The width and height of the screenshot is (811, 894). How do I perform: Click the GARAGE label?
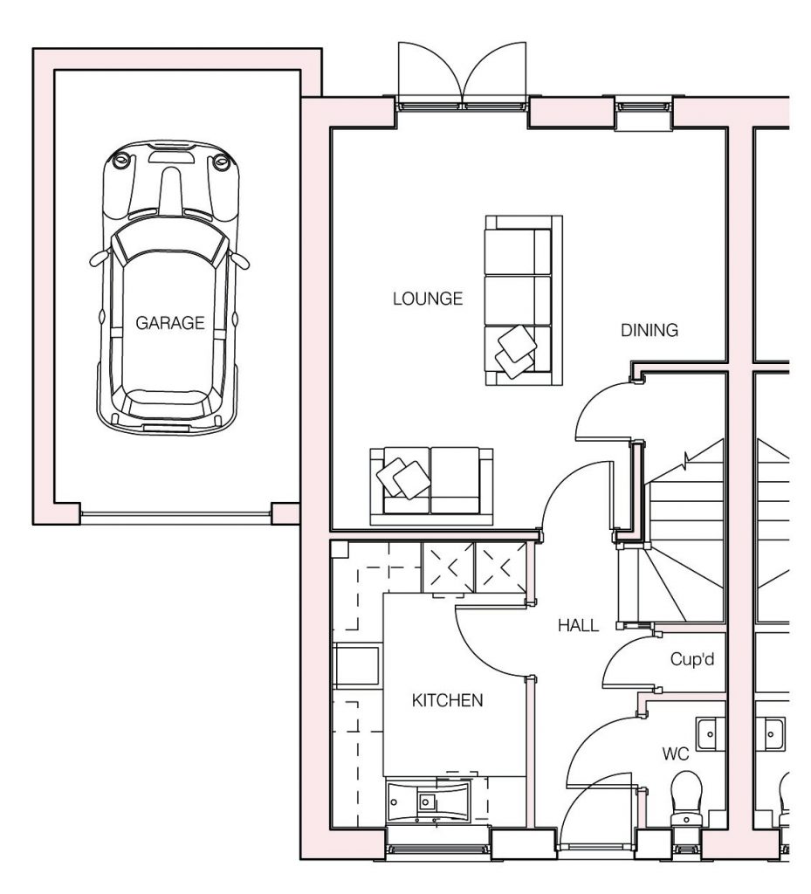click(x=170, y=323)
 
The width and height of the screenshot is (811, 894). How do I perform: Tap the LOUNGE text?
click(x=428, y=299)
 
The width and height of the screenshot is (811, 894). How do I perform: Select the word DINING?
click(x=649, y=330)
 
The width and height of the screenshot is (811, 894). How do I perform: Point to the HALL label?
click(x=579, y=625)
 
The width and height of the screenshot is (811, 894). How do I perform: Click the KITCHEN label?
click(x=447, y=700)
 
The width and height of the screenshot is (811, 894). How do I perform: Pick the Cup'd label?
click(x=692, y=659)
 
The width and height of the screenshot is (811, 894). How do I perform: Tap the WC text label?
click(x=676, y=753)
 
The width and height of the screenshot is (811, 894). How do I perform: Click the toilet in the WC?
click(x=686, y=798)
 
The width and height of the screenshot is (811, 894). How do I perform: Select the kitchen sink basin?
click(x=426, y=802)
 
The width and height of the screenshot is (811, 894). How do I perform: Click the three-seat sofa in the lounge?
click(x=524, y=300)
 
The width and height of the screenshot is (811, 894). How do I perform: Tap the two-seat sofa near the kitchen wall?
click(x=431, y=485)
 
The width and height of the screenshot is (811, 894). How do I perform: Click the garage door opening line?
click(x=175, y=513)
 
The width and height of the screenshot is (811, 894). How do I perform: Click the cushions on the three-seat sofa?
click(x=516, y=351)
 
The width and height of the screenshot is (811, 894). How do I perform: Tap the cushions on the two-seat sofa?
click(x=403, y=478)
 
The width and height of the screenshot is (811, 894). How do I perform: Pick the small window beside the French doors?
click(x=644, y=106)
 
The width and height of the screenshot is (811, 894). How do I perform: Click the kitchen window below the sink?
click(x=437, y=849)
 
